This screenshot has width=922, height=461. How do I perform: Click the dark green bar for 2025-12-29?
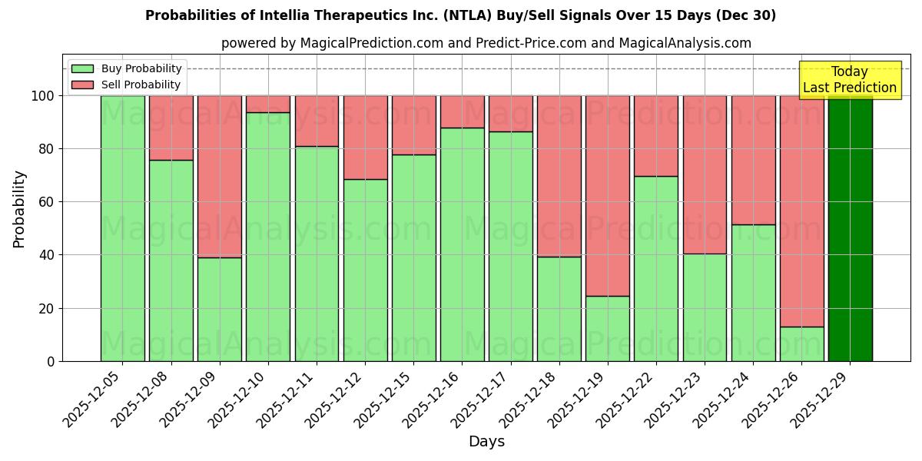coord(850,228)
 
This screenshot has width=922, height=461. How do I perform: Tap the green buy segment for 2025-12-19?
coord(607,328)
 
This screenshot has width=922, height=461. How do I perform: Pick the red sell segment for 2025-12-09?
coord(220,177)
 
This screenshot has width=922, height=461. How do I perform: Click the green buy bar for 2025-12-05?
coord(122,228)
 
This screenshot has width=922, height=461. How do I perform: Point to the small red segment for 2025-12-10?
coord(268,104)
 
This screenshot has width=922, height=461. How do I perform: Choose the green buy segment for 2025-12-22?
coord(655,268)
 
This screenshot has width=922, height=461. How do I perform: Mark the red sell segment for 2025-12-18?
coord(559,176)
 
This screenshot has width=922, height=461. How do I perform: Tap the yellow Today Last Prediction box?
coord(849,80)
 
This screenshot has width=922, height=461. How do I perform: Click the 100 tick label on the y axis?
coord(42,96)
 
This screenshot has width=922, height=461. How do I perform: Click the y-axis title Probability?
coord(19,208)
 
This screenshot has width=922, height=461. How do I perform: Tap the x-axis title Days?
coord(486,442)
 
